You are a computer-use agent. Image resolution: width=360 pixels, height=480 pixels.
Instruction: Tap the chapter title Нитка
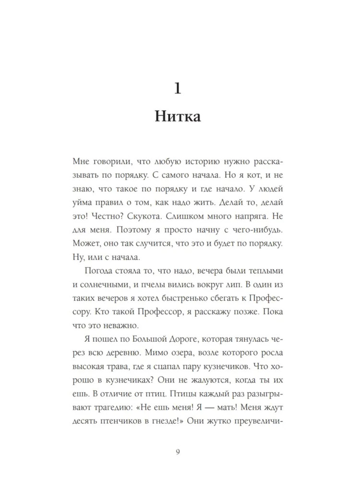click(179, 116)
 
